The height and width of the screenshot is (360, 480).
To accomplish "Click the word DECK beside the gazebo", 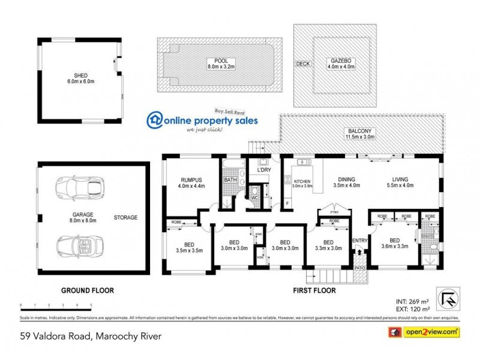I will (x=302, y=64).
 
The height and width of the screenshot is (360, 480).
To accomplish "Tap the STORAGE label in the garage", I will (x=126, y=217).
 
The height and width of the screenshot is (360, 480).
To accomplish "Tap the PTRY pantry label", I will (x=328, y=211).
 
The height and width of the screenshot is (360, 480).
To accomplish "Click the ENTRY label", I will (x=359, y=241).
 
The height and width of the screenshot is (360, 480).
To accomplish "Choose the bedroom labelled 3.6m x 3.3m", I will (x=394, y=245).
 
